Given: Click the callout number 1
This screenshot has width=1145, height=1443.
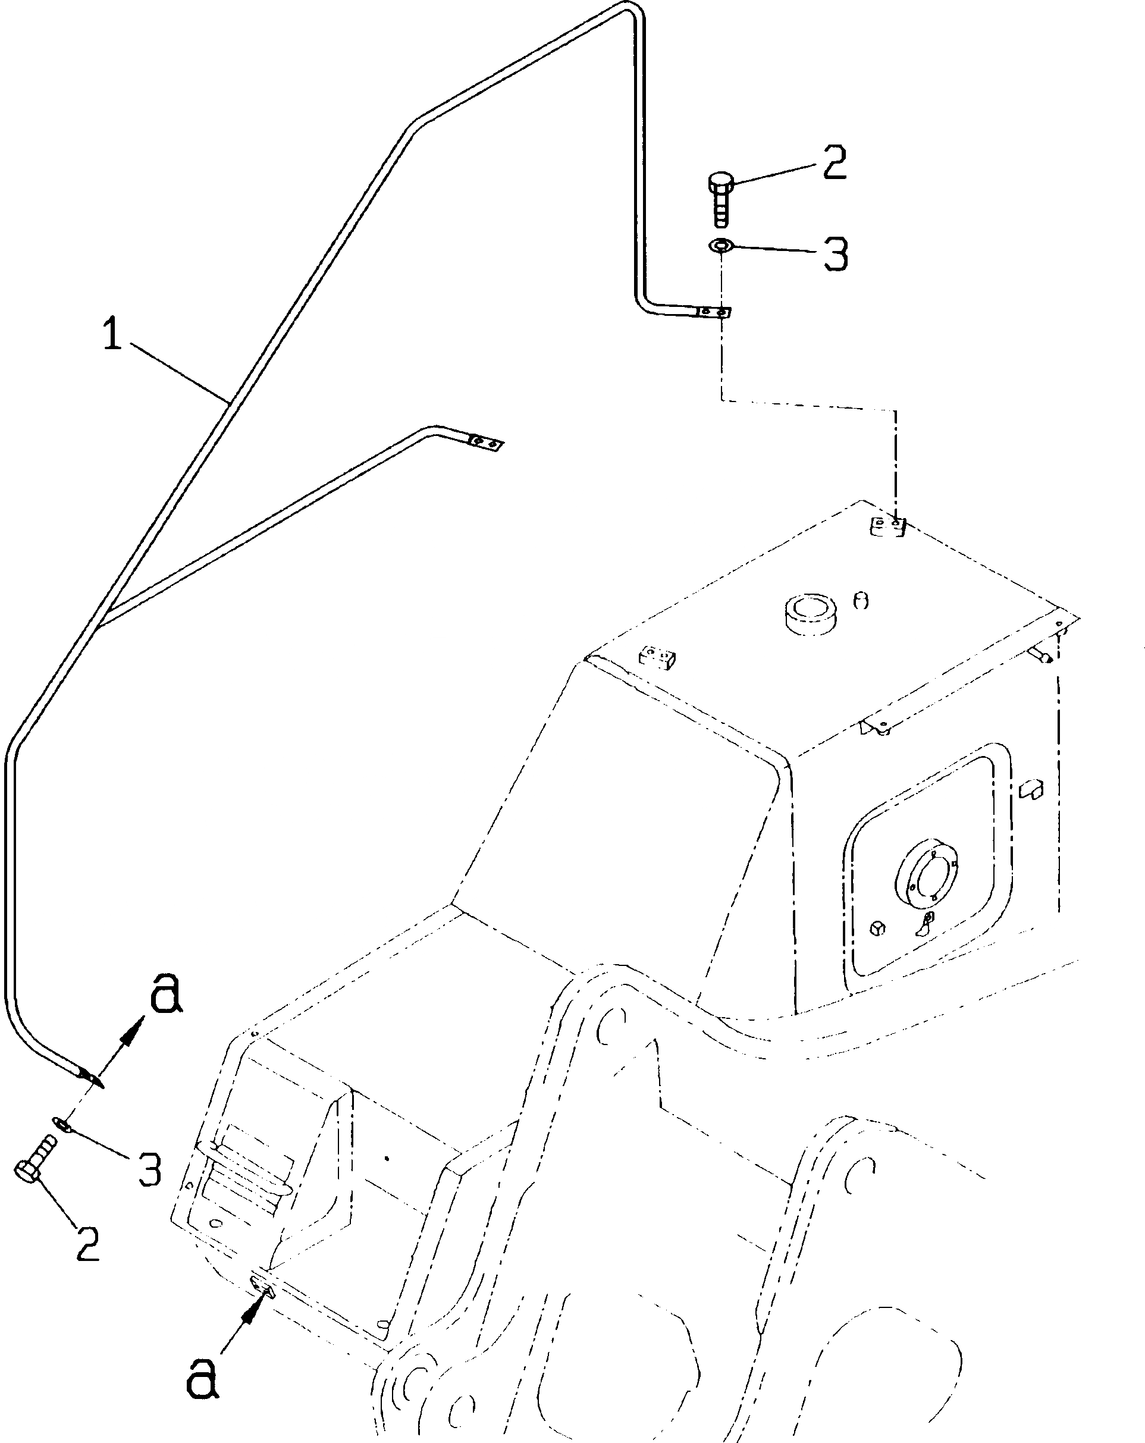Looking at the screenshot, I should click(112, 335).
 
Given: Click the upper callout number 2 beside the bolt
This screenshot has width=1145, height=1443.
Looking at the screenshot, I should click(834, 162).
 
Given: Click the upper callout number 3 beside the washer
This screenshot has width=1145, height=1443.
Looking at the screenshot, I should click(835, 255).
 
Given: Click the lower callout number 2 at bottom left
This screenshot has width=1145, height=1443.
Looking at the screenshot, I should click(87, 1244).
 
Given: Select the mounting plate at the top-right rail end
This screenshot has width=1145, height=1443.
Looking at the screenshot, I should click(713, 312).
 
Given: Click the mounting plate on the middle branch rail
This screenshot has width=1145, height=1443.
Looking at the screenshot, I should click(485, 443).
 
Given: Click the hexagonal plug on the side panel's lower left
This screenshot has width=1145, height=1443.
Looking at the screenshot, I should click(879, 928).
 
